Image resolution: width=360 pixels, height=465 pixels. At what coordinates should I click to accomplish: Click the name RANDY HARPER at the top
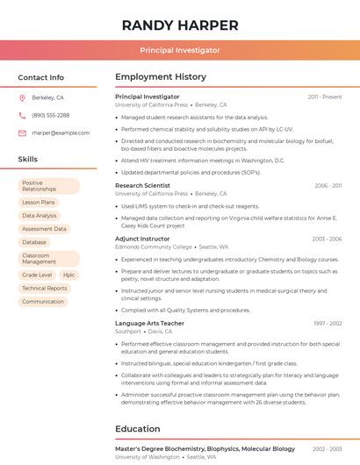tap(180, 25)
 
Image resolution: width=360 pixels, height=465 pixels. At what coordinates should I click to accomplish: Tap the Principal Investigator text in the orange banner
tap(180, 51)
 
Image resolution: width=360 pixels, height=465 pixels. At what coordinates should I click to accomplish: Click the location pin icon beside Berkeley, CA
tap(22, 97)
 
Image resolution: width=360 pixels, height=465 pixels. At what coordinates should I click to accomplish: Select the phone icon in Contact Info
tap(22, 115)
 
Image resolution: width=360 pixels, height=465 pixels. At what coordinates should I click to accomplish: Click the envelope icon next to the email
tap(22, 133)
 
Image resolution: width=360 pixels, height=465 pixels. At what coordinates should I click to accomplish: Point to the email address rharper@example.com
tap(61, 133)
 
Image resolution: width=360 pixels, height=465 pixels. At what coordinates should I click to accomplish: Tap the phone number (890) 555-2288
tap(50, 115)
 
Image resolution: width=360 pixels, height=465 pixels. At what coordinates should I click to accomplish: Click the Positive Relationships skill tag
tap(48, 186)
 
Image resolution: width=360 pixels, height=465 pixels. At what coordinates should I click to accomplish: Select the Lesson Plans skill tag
tap(39, 202)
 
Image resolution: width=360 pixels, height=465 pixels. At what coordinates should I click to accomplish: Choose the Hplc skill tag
tap(69, 275)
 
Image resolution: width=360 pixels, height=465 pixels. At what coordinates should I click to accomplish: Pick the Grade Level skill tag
tap(37, 275)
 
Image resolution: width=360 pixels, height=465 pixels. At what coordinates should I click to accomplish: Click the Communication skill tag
tap(43, 302)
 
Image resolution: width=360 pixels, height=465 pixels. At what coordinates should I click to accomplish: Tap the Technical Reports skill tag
tap(45, 288)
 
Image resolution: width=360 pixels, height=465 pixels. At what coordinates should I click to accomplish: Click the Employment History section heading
tap(161, 77)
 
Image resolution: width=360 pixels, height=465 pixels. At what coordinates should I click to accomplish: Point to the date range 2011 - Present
tap(324, 97)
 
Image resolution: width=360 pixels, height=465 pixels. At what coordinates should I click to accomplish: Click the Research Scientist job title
tap(142, 185)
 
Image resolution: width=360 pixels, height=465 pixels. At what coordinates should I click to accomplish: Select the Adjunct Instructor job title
tap(142, 239)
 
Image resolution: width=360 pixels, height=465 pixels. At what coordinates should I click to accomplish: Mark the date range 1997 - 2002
tap(327, 324)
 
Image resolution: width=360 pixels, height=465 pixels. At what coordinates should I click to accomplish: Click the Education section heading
tap(138, 429)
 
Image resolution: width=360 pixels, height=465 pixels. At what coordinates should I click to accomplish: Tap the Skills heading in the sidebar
tap(28, 160)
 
